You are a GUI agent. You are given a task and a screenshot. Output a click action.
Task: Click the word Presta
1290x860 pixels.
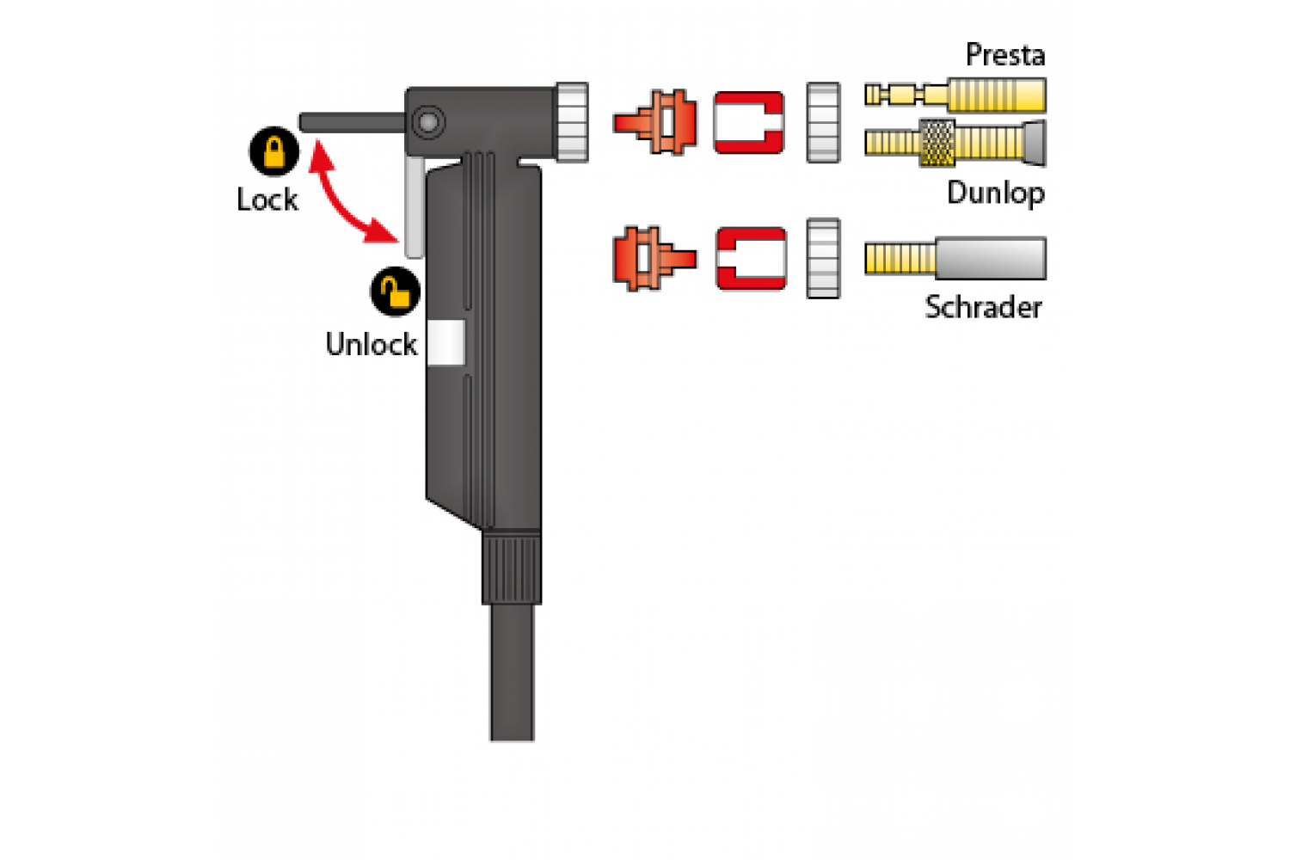coord(1005,55)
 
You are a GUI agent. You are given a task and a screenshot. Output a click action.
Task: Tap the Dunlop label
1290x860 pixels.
coord(996,193)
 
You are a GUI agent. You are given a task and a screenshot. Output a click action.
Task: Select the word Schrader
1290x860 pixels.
coord(983,307)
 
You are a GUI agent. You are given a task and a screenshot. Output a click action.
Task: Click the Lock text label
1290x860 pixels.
coord(267,200)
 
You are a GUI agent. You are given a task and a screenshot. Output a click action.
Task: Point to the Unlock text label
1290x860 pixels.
coord(371,345)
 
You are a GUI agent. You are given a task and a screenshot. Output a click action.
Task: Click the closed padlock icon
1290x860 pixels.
coord(274,150)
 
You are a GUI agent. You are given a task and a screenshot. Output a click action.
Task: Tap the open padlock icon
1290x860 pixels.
coord(395,292)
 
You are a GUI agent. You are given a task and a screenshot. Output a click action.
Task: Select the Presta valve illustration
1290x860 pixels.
coord(955,95)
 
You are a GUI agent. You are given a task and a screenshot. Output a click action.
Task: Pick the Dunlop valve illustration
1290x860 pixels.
coord(955,144)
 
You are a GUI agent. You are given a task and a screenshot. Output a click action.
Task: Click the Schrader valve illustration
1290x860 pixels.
coord(955,258)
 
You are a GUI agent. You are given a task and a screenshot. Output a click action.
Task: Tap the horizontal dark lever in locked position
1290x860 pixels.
coord(353,122)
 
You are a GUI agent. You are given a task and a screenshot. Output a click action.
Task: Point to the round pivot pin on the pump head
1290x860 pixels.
coord(428,122)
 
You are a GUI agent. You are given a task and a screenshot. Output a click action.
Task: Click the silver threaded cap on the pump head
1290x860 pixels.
coord(572,122)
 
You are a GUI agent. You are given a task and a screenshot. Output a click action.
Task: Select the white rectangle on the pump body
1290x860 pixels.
coord(446,343)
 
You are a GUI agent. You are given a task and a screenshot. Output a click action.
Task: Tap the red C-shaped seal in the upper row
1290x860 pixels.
coord(749,122)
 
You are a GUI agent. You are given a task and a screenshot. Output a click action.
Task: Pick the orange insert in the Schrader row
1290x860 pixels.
coord(654,259)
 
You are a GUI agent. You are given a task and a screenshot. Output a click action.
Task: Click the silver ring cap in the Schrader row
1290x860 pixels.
coord(824,258)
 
